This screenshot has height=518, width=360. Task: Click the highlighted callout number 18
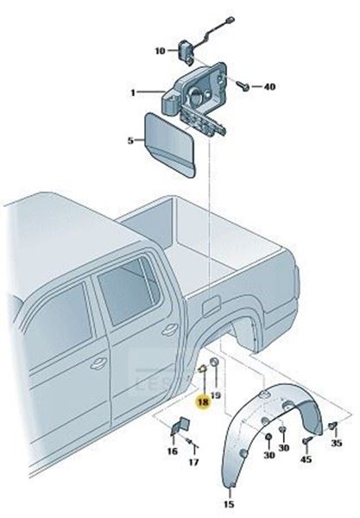(x=204, y=402)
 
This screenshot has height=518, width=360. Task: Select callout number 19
(x=216, y=395)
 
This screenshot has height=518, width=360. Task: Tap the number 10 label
(x=161, y=51)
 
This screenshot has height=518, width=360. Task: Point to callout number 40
(x=269, y=87)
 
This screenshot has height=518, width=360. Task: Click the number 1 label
(x=133, y=93)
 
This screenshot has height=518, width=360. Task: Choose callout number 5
(x=130, y=141)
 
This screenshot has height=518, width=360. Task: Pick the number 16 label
(x=173, y=451)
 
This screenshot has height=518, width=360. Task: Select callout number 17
(x=194, y=462)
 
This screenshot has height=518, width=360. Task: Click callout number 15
(x=229, y=504)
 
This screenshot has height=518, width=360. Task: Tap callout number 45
(x=306, y=459)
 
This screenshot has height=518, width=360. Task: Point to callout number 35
(x=337, y=443)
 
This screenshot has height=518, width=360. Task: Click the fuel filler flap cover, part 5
(x=170, y=142)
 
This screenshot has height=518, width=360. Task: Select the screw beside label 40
(x=243, y=85)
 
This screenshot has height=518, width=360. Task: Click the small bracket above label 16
(x=180, y=426)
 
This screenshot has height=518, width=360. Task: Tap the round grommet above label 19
(x=214, y=362)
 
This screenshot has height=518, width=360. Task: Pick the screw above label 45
(x=307, y=440)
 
